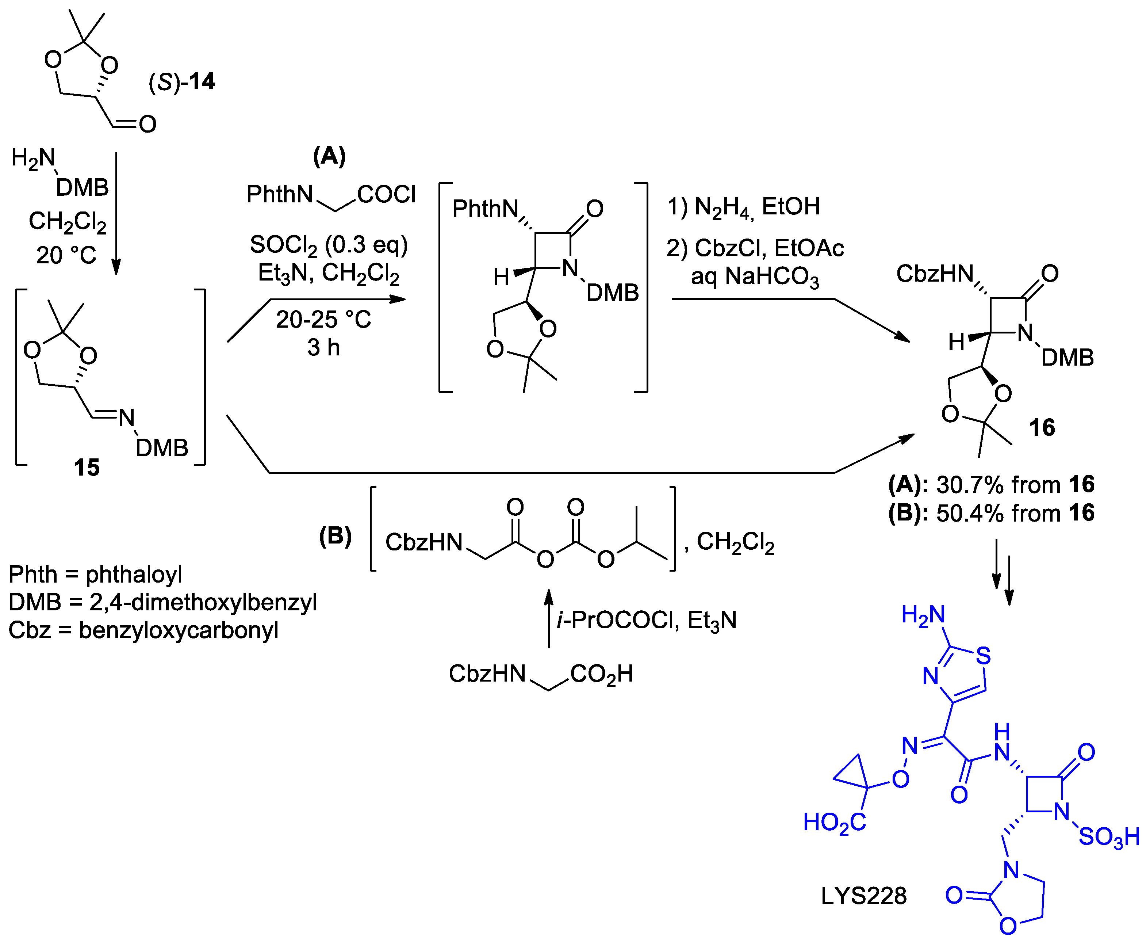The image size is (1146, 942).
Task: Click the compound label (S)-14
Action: tap(182, 82)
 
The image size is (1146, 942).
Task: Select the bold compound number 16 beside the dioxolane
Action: tap(1042, 428)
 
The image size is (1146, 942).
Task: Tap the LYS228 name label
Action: tap(863, 896)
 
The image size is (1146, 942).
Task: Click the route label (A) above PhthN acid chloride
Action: tap(329, 156)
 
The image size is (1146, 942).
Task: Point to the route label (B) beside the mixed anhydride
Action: tap(335, 536)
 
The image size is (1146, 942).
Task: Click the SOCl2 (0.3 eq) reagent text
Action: tap(329, 245)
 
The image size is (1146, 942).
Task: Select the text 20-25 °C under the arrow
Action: tap(323, 320)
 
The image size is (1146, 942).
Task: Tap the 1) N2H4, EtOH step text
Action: tap(743, 207)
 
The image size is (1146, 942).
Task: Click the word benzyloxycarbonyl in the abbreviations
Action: tap(179, 630)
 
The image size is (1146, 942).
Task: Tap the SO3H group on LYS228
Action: tap(1108, 837)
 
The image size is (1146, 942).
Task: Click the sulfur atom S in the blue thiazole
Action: tap(983, 656)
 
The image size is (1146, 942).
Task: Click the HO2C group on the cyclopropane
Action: tap(834, 823)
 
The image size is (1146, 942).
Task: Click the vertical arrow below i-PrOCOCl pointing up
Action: tap(548, 619)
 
